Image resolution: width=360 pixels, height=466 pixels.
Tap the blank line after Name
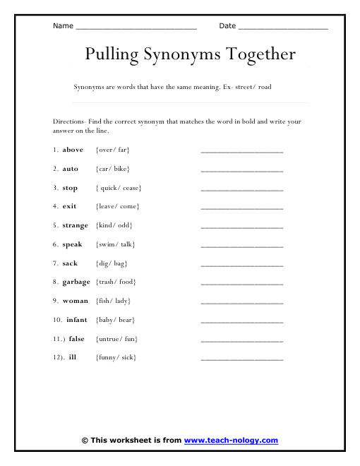136,28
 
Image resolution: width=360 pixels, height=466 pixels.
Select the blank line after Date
283,28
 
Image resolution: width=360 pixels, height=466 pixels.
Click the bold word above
73,150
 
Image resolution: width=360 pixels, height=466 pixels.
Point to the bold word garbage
76,282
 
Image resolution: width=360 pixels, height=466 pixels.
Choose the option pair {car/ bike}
113,169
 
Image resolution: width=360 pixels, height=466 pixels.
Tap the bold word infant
77,320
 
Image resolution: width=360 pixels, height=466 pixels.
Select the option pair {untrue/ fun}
116,339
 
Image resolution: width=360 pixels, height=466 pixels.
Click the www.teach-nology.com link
231,441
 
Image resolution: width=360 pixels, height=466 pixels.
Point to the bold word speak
73,244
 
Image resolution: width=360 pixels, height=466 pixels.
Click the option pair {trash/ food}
116,282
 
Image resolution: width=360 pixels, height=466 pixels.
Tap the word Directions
68,121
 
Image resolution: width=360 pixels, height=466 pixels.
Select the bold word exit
70,206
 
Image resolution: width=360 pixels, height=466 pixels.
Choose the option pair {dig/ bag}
111,263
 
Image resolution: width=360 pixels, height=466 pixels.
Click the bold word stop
70,188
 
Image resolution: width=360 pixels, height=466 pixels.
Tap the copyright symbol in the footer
85,441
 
